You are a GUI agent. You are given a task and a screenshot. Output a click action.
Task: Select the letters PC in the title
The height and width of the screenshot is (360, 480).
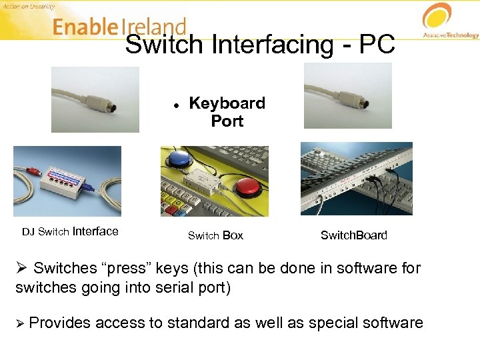point(377,45)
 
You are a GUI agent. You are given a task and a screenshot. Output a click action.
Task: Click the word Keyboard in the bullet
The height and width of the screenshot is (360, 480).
point(227,103)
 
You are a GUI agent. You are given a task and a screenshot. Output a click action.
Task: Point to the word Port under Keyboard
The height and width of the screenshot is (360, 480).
point(227,121)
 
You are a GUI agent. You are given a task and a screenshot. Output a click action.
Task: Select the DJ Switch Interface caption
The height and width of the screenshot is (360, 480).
point(70,232)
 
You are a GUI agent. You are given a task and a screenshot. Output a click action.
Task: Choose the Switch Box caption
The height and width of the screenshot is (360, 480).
point(215,235)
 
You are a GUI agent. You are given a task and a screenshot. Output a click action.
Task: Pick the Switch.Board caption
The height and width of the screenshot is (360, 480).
point(353,235)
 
